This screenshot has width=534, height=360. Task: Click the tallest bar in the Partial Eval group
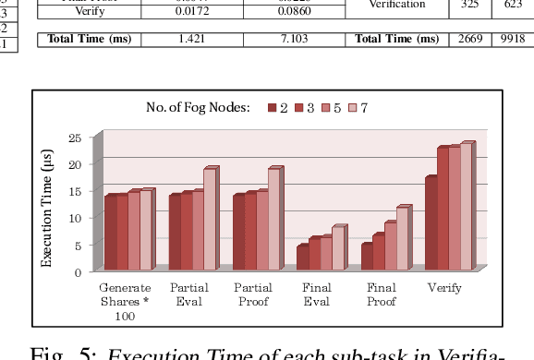click(x=209, y=219)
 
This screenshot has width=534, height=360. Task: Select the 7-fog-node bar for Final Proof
click(x=401, y=238)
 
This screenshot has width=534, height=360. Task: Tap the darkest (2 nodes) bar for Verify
click(x=431, y=222)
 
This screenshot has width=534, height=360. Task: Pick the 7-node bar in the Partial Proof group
click(x=273, y=219)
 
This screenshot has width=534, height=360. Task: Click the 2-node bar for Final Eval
click(x=302, y=258)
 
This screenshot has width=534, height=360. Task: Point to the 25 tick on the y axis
click(x=76, y=138)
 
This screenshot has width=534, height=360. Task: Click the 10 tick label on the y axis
click(x=76, y=218)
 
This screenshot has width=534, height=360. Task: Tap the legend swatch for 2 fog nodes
click(x=273, y=108)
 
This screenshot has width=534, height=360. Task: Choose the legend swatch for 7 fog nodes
click(x=352, y=108)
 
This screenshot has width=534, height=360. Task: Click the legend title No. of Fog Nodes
click(x=198, y=108)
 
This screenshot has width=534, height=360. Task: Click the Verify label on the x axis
click(x=444, y=288)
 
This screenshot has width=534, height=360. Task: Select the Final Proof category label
click(x=381, y=294)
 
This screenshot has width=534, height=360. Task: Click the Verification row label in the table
click(x=397, y=5)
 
